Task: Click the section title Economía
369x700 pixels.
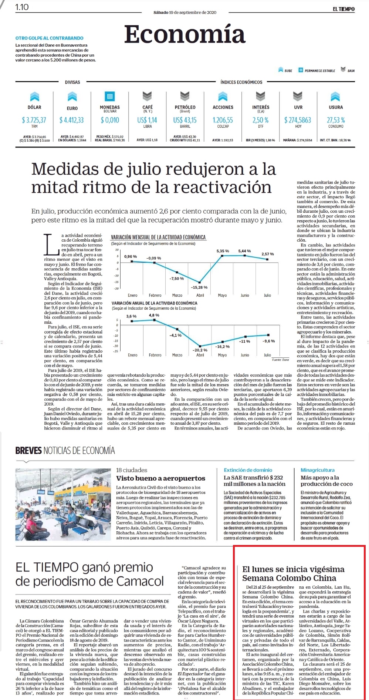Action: coord(184,34)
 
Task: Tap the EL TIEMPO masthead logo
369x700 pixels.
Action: coord(343,9)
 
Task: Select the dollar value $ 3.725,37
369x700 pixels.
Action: coord(34,120)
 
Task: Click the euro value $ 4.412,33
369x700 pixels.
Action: coord(72,120)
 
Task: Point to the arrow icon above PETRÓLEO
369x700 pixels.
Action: coord(185,96)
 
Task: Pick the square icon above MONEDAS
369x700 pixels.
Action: coord(110,96)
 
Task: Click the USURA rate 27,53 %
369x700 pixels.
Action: coord(336,120)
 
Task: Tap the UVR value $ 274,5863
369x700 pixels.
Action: coord(298,120)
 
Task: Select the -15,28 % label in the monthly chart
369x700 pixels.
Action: coord(199,287)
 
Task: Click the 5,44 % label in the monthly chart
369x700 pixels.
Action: coord(244,251)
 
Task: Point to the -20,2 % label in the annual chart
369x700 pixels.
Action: coord(200,350)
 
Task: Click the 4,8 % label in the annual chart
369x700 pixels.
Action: coord(154,315)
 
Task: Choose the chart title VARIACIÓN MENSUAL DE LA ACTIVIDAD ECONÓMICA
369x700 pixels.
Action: coord(158,237)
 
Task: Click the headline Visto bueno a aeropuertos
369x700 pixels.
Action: coord(160,478)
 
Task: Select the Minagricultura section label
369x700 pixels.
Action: coord(317,470)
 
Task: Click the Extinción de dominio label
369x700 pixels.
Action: coord(248,470)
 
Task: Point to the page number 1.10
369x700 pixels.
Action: coord(22,7)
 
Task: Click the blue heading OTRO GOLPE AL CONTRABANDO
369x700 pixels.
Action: coord(49,38)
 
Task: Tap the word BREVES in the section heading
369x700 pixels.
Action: coord(28,450)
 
